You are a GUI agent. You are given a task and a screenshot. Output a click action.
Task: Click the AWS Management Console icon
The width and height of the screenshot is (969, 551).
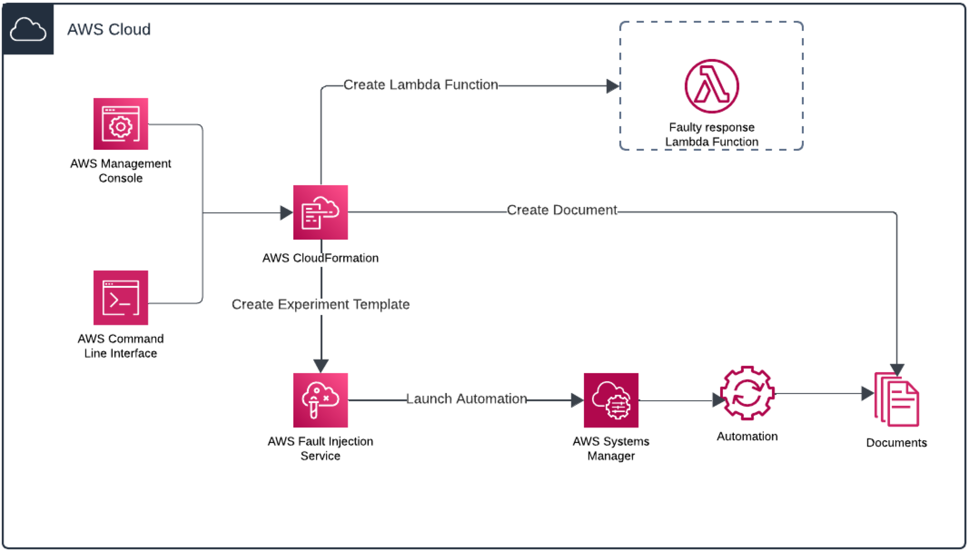tap(120, 124)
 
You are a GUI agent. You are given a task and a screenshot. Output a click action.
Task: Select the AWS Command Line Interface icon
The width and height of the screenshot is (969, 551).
tap(120, 298)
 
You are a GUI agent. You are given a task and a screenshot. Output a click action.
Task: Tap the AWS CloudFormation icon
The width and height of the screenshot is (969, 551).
tap(320, 212)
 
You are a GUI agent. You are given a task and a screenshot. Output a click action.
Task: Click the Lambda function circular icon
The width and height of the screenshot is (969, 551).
tap(712, 86)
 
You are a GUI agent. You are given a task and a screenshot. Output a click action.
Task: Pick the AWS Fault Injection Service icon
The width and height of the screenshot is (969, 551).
tap(320, 400)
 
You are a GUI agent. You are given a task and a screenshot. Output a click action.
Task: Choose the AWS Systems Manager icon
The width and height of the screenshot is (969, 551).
tap(611, 400)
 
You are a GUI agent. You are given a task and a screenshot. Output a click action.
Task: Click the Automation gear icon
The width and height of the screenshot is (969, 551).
tap(747, 393)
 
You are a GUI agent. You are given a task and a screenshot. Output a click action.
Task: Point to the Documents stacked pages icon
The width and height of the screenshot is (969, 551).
tap(897, 399)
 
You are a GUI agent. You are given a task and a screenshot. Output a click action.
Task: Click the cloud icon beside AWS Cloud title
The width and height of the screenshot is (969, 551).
tap(28, 29)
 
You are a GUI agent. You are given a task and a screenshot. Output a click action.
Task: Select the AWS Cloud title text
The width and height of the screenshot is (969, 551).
tap(109, 30)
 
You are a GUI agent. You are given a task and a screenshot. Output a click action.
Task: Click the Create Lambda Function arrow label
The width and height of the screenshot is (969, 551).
tap(420, 85)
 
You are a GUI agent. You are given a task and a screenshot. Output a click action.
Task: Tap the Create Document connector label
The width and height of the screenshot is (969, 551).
tap(562, 210)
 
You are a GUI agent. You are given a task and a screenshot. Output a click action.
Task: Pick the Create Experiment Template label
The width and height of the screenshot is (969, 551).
tap(321, 304)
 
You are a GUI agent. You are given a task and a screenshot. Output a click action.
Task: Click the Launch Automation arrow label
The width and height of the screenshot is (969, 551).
tap(466, 399)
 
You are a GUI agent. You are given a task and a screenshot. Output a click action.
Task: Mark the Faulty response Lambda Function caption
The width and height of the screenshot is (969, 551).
tap(712, 134)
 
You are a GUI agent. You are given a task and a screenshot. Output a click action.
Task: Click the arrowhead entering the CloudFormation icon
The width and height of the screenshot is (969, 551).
tap(286, 212)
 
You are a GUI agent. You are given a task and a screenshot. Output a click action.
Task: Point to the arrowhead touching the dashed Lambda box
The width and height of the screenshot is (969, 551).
tap(613, 86)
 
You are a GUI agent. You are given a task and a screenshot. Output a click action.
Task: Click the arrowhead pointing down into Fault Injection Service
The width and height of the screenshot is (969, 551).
tap(321, 366)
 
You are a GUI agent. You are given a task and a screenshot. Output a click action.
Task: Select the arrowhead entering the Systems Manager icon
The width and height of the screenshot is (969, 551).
tap(577, 400)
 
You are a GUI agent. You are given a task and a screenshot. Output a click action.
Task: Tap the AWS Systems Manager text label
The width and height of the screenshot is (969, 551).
tap(611, 448)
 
